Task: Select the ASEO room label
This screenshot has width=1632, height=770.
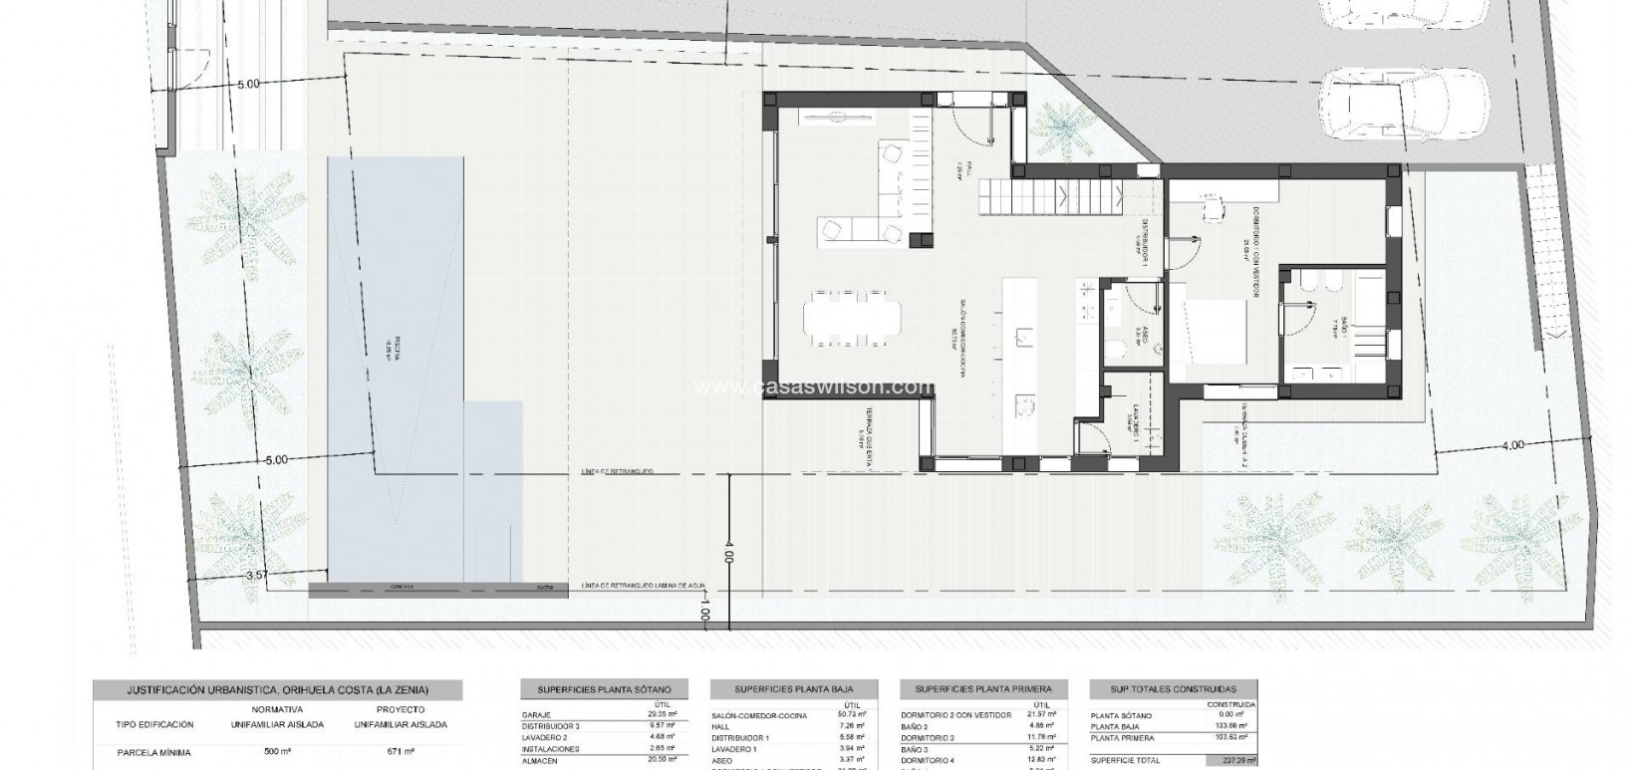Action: point(1148,339)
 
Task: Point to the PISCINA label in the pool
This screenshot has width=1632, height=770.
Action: point(396,351)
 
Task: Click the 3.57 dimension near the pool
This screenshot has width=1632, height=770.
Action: point(258,575)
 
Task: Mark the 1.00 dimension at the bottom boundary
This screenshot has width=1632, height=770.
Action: point(705,609)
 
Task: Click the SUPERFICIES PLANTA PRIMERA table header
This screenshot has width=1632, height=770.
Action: point(983,688)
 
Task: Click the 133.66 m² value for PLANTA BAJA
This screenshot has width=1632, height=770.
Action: point(1233,726)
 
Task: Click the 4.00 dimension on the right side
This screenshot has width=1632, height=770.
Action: point(1511,445)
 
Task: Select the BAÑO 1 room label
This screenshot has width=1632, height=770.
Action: point(1344,328)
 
